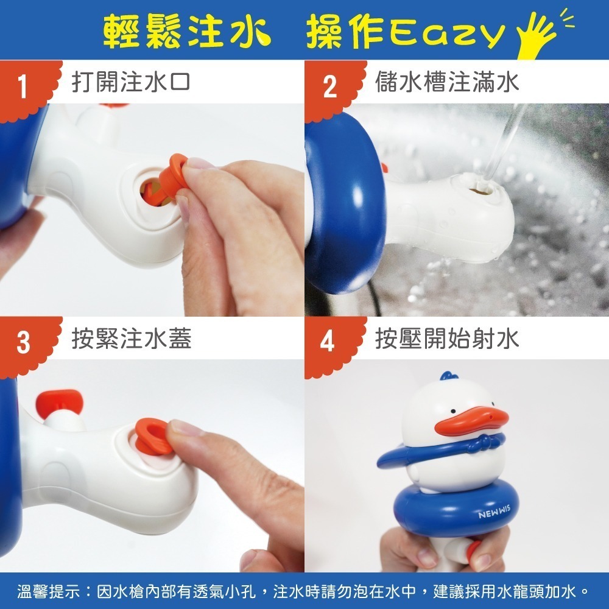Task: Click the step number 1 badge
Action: tap(23, 88)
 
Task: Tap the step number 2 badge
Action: tap(329, 88)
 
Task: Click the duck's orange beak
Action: tap(475, 421)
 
